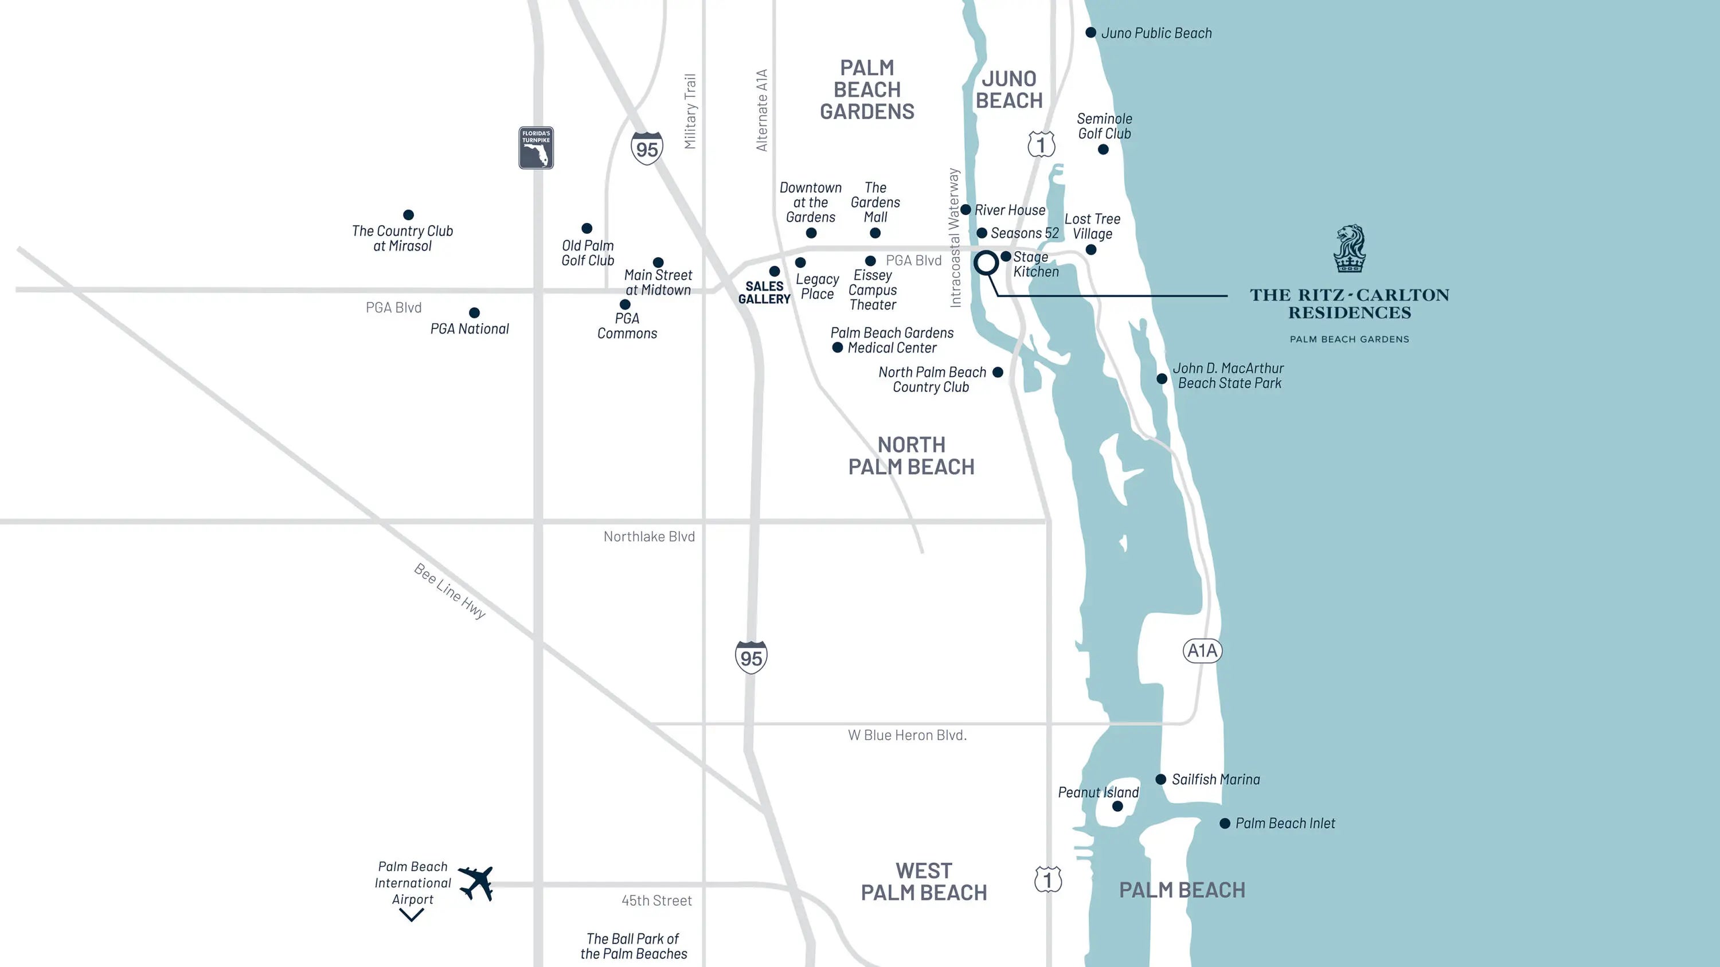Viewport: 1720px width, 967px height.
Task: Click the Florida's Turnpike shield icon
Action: [536, 147]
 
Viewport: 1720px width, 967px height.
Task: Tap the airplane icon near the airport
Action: [476, 883]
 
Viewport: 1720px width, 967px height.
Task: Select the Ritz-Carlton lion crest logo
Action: [1350, 248]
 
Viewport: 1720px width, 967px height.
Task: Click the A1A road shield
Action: [1202, 651]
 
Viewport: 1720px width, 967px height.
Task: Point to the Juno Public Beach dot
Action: [1090, 33]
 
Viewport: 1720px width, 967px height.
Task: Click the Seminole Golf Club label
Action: [1104, 126]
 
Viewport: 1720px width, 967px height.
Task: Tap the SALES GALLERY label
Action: [764, 292]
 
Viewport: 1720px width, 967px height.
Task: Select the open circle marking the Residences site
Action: [986, 263]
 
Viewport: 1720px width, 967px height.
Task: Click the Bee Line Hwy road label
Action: [450, 590]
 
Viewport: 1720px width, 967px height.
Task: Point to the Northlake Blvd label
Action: [649, 537]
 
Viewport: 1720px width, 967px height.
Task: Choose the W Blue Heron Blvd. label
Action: [908, 735]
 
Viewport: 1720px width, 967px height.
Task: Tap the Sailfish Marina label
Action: [1216, 780]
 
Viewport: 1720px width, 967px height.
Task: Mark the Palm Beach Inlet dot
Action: [1225, 824]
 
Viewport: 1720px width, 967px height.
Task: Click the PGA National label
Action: [470, 329]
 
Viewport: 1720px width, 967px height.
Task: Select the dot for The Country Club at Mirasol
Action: [409, 215]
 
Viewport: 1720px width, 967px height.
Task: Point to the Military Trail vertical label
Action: [690, 111]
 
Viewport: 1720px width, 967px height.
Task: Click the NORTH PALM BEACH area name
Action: [912, 456]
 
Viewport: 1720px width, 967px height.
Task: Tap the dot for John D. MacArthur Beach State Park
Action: [1162, 379]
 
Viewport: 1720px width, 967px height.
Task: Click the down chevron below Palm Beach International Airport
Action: [411, 915]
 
